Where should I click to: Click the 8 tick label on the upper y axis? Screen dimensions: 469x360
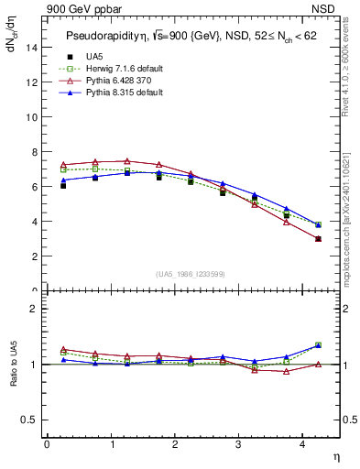pyautogui.click(x=33, y=152)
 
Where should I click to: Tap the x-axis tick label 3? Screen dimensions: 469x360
pyautogui.click(x=240, y=444)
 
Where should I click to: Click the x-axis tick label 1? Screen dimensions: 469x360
pyautogui.click(x=112, y=444)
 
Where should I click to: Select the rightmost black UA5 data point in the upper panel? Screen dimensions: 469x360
pyautogui.click(x=318, y=239)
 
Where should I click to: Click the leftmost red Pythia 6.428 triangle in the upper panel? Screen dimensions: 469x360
pyautogui.click(x=62, y=165)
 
